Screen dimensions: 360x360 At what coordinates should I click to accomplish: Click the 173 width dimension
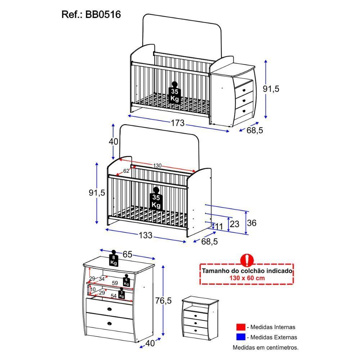[x=177, y=123]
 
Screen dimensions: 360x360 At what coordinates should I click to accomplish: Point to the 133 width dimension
[x=145, y=235]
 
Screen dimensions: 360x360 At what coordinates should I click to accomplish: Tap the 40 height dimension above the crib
[x=113, y=141]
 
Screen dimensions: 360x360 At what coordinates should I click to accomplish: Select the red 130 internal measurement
[x=157, y=166]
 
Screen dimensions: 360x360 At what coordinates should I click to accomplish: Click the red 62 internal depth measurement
[x=126, y=171]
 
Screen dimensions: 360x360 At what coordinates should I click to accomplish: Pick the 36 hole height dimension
[x=252, y=223]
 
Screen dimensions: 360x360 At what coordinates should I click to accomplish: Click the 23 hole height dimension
[x=234, y=224]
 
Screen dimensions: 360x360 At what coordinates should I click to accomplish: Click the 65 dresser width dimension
[x=127, y=255]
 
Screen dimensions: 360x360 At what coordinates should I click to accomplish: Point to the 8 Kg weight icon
[x=114, y=259]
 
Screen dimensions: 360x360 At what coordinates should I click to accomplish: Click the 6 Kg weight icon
[x=126, y=280]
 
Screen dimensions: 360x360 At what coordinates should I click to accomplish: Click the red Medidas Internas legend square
[x=240, y=327]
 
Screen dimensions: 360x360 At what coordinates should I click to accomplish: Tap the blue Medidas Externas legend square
[x=240, y=337]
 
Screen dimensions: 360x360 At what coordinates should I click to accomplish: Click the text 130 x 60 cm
[x=247, y=278]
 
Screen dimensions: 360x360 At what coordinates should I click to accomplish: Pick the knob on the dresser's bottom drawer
[x=109, y=324]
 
